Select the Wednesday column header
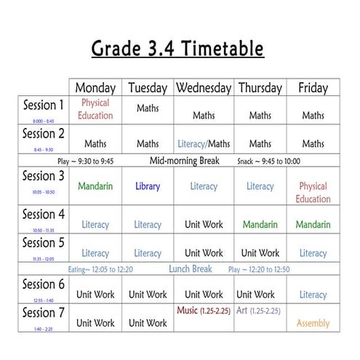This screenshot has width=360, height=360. (x=204, y=88)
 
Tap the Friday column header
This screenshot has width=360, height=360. (x=313, y=88)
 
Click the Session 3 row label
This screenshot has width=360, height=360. (x=44, y=176)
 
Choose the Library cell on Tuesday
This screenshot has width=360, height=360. (x=148, y=186)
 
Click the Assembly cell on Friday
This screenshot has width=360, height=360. (x=313, y=323)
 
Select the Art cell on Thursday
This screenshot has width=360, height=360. (x=258, y=311)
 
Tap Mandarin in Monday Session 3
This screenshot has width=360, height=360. (x=95, y=186)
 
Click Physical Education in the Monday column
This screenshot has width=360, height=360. (x=95, y=109)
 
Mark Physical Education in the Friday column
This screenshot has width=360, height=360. (x=313, y=193)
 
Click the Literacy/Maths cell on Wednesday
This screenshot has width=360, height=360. (x=204, y=143)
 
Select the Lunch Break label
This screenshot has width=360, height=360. (x=190, y=269)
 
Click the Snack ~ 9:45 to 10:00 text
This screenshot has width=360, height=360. (x=268, y=161)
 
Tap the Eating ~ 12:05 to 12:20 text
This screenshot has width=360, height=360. (x=101, y=270)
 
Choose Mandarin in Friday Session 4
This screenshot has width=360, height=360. (x=313, y=225)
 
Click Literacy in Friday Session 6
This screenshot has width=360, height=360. (x=313, y=295)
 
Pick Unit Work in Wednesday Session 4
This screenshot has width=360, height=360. (x=204, y=225)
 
